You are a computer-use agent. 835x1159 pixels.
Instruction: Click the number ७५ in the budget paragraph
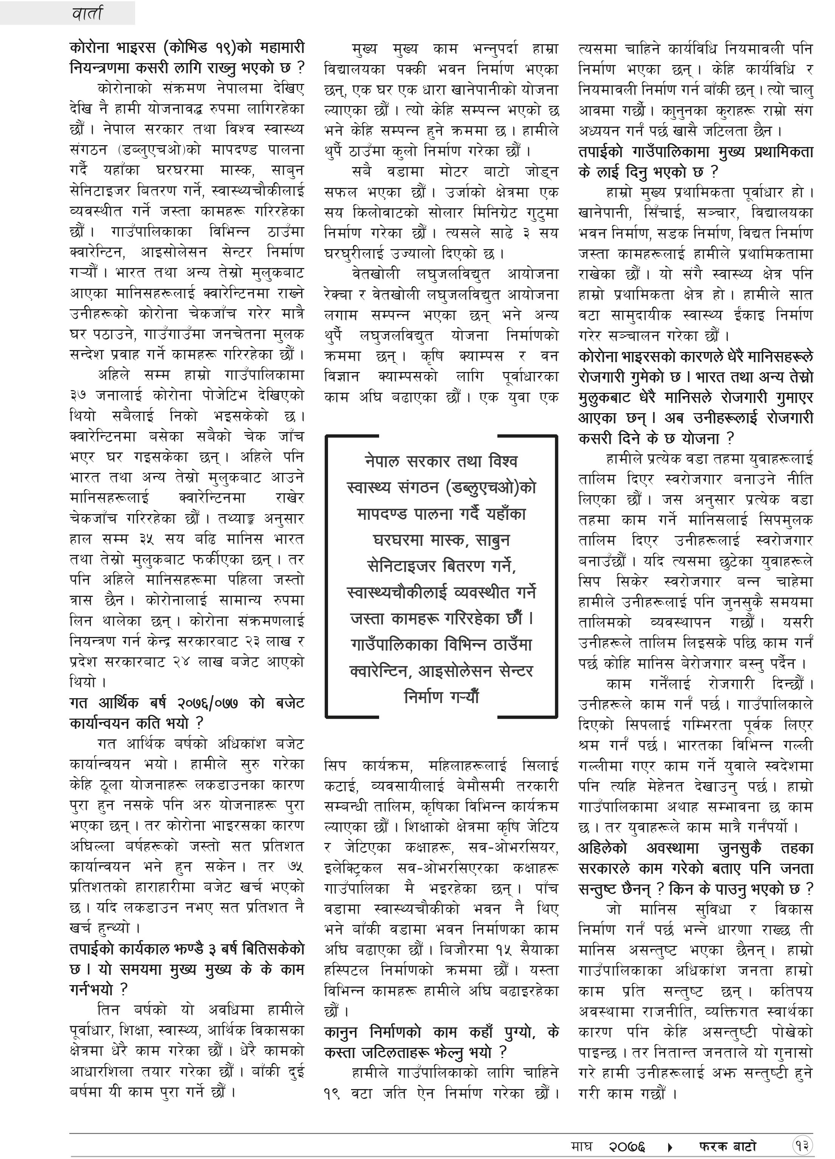(295, 867)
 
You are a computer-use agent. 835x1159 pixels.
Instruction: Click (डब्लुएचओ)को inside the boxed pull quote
(491, 488)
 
